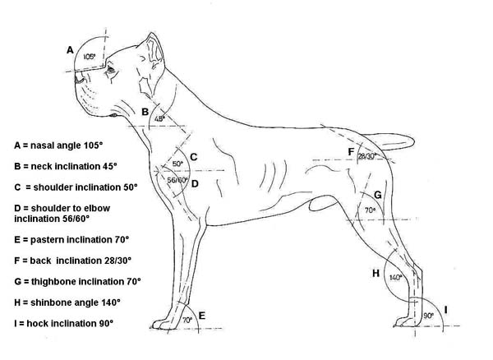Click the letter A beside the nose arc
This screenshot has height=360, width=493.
coord(70,50)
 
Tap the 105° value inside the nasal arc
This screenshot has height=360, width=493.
coord(89,57)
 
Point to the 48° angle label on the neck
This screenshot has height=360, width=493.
coord(159,118)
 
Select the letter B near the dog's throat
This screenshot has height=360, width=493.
coord(145,112)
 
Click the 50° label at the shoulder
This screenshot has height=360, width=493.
coord(177,164)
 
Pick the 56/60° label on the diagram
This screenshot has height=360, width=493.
coord(177,180)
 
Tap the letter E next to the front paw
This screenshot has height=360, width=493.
coord(202,316)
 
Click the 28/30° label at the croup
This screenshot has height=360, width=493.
coord(367,156)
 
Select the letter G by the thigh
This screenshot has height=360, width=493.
coord(378,195)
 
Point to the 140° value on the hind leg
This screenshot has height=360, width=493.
coord(395,277)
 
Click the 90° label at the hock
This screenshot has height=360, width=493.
coord(429,316)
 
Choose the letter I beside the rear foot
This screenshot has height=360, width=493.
coord(445,310)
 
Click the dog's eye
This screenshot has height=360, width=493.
coord(110,70)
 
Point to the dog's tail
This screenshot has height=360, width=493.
coord(389,141)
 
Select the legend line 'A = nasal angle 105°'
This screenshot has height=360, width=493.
coord(58,145)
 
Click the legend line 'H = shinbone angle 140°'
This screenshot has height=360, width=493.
coord(67,302)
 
